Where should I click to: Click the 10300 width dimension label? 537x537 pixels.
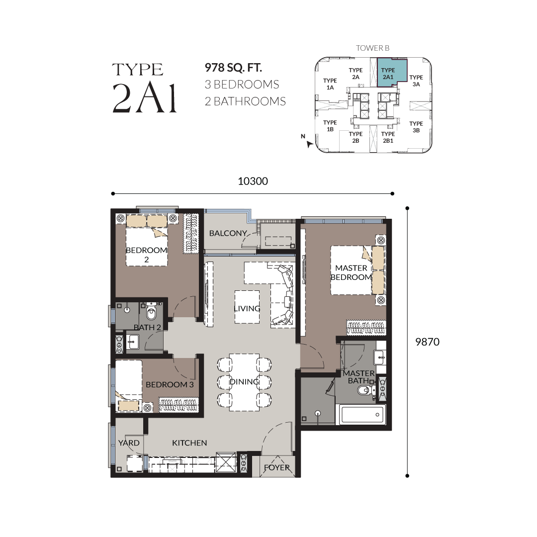coord(253,181)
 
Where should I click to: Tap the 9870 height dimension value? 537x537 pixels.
coord(427,342)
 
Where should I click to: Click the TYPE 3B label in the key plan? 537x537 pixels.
coord(416,127)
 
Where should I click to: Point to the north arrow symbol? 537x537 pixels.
coord(310,144)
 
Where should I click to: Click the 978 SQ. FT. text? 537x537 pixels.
coord(233,68)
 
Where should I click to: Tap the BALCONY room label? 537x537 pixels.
coord(228,233)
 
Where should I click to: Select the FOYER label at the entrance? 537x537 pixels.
coord(277,467)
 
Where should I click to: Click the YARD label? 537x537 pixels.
coord(129,443)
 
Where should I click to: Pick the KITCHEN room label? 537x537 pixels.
coord(189,443)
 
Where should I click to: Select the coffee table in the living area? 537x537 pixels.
coord(247,307)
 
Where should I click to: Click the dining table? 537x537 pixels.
coord(244,382)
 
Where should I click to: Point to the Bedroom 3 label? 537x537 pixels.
coord(170,384)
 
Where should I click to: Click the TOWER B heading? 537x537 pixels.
coord(372,48)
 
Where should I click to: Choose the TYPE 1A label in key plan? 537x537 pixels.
coord(330,84)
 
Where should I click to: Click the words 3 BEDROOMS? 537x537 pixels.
coord(242,85)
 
